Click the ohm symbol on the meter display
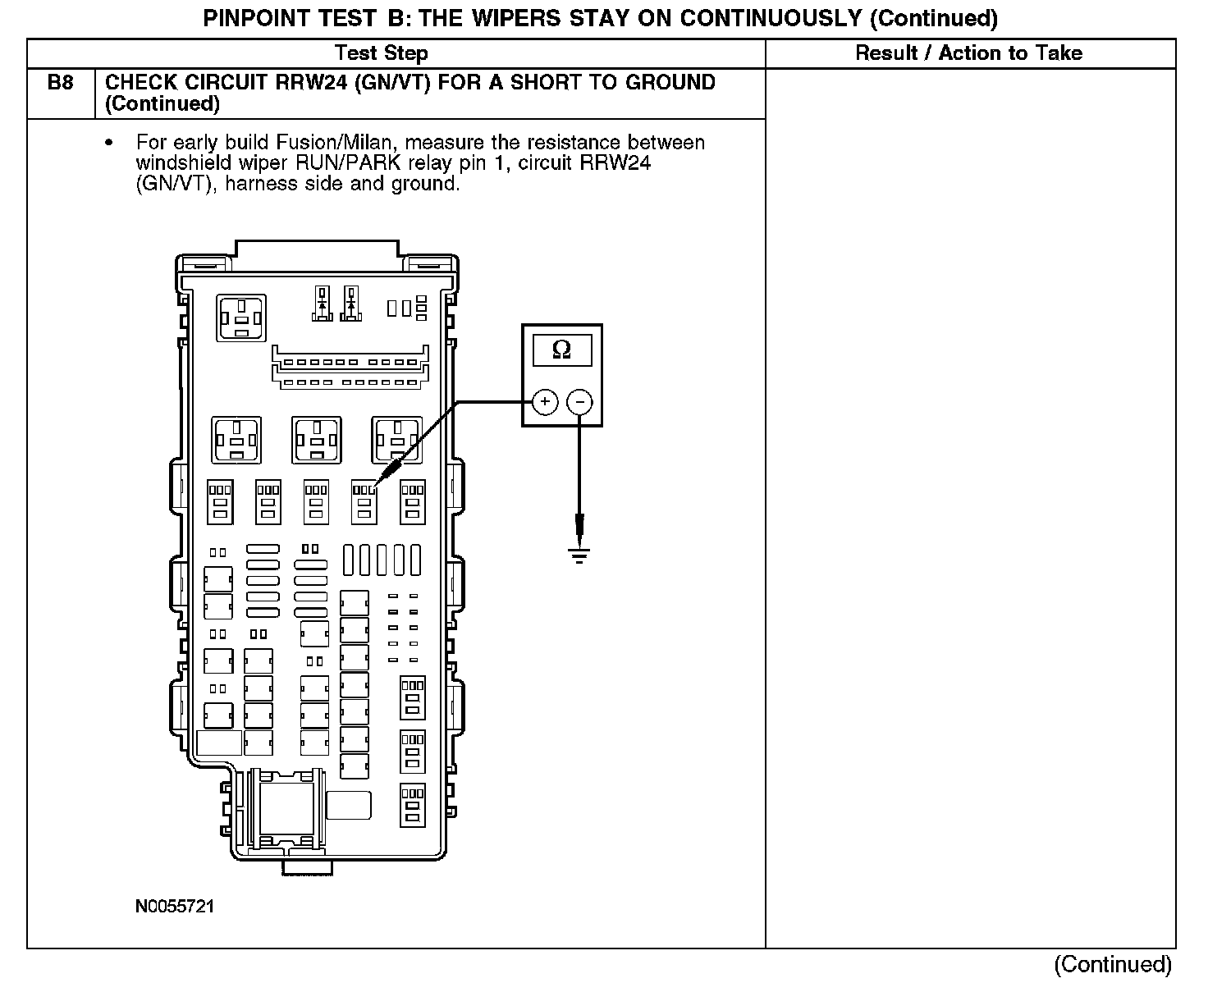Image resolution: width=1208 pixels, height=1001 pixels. [x=562, y=350]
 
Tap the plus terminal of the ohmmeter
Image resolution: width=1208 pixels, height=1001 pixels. [x=545, y=401]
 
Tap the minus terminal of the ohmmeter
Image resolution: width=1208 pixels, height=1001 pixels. [x=579, y=401]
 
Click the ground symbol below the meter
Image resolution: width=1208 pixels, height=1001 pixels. [x=579, y=556]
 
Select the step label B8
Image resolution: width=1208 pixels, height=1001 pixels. [x=61, y=83]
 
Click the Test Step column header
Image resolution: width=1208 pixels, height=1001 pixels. [x=381, y=54]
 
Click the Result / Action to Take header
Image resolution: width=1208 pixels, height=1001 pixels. [x=968, y=53]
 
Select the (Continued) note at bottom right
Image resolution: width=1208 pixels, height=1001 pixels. [x=1112, y=964]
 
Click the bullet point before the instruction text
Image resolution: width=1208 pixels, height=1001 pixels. [x=109, y=144]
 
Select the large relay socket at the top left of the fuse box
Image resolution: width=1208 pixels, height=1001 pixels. [x=241, y=318]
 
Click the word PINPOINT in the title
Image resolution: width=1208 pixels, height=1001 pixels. [x=254, y=18]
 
